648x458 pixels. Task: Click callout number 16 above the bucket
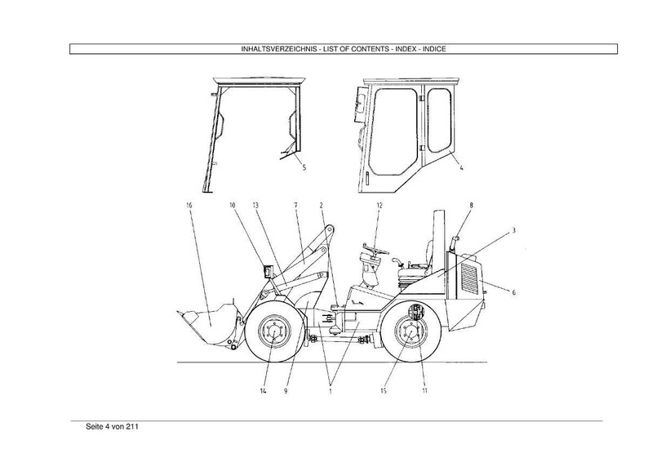(189, 206)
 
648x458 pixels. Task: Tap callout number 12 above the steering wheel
(379, 205)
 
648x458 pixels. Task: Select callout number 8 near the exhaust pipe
(471, 205)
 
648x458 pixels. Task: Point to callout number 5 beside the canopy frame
(304, 167)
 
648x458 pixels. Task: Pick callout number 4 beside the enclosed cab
(461, 167)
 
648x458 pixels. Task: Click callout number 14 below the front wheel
(264, 390)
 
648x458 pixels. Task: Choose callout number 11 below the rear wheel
(424, 390)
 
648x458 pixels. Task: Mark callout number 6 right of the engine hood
(513, 292)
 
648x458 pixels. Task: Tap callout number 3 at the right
(513, 230)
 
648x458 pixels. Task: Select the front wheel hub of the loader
(274, 331)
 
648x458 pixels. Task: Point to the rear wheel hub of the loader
(411, 331)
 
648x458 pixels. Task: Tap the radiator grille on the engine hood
(469, 278)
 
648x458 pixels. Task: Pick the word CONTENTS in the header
(371, 49)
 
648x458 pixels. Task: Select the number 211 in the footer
(132, 427)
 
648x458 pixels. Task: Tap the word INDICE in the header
(434, 49)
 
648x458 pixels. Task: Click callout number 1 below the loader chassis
(331, 390)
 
